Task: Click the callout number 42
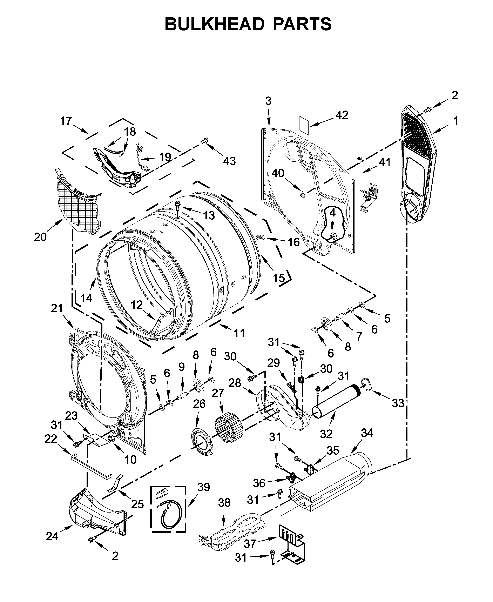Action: [x=342, y=115]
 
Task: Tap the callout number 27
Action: [x=218, y=393]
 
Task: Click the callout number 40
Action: [x=278, y=173]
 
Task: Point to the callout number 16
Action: [x=294, y=242]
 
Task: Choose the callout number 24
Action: [x=52, y=536]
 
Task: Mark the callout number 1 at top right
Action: [x=455, y=121]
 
